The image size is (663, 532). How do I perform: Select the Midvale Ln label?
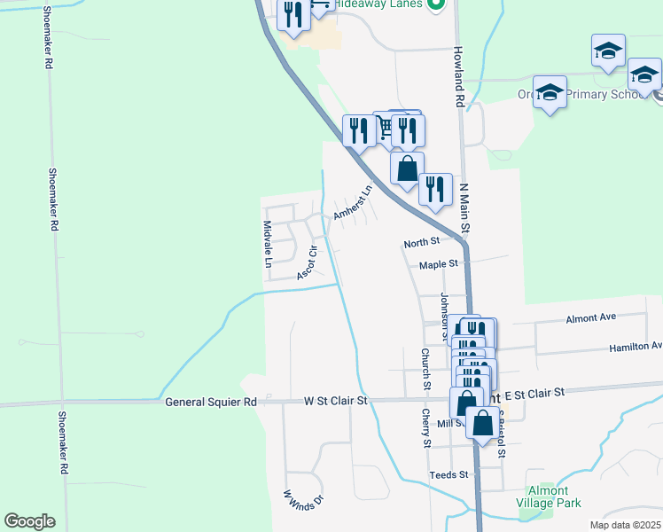pos(267,245)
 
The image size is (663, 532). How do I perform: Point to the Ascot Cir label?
pos(308,262)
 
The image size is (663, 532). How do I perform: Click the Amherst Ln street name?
pos(351,203)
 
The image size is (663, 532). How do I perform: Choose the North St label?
pos(421,242)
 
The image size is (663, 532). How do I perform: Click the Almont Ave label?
pos(589,317)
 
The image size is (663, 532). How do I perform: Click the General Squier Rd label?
pos(211,402)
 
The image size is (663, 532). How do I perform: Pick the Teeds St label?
pos(448,475)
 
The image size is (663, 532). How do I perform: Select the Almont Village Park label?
pos(554,497)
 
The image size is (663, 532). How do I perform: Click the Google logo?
pos(29,521)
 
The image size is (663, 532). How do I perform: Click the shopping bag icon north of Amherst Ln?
pos(407,168)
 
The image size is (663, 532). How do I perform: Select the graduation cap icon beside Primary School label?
pos(550,92)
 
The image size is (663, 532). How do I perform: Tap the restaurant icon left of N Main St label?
pos(435,189)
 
